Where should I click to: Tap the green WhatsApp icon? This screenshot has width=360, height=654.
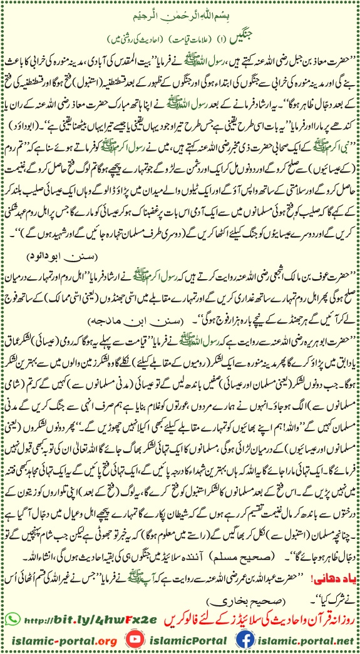coord(11,618)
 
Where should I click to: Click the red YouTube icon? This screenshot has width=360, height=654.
coord(133,640)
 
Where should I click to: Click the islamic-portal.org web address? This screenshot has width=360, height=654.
coord(60,640)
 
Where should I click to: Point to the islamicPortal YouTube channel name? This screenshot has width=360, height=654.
coord(185,640)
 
